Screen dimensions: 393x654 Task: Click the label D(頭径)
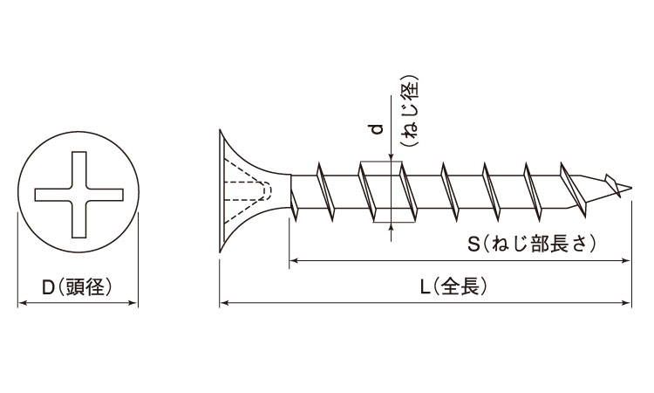(78, 286)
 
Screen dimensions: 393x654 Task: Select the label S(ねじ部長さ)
(532, 244)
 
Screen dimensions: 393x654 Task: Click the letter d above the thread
(377, 129)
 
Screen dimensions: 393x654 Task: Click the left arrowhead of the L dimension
(223, 303)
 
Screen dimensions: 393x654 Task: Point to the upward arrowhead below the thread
(392, 228)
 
